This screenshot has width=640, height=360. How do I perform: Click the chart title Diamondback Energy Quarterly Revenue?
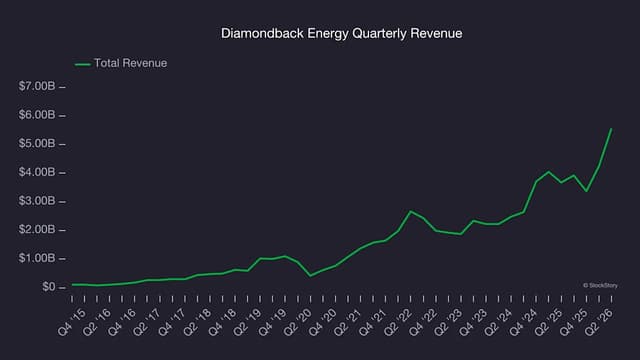click(341, 33)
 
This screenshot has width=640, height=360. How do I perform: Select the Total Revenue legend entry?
click(121, 63)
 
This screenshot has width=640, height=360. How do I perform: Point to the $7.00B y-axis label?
click(37, 86)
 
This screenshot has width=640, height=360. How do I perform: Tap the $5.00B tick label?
click(37, 144)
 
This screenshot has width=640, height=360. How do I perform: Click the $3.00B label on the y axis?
click(37, 201)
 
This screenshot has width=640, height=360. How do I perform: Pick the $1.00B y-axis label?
click(37, 258)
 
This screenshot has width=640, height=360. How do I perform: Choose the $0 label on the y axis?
click(49, 287)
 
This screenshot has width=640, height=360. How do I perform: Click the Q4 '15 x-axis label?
click(72, 322)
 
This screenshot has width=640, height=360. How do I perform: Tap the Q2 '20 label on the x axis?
click(298, 322)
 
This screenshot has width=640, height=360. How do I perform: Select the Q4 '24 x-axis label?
click(523, 322)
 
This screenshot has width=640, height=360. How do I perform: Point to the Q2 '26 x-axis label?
click(599, 322)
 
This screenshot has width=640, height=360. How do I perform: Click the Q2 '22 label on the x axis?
click(398, 322)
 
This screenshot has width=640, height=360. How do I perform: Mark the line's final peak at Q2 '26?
click(611, 129)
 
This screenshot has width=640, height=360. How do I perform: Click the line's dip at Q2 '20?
click(311, 276)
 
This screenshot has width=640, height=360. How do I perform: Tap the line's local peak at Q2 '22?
click(411, 211)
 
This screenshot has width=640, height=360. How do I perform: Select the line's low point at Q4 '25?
click(587, 191)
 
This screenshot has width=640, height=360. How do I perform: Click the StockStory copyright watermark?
click(600, 286)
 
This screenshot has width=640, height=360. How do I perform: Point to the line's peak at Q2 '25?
click(549, 172)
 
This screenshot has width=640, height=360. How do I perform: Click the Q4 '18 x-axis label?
click(222, 322)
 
